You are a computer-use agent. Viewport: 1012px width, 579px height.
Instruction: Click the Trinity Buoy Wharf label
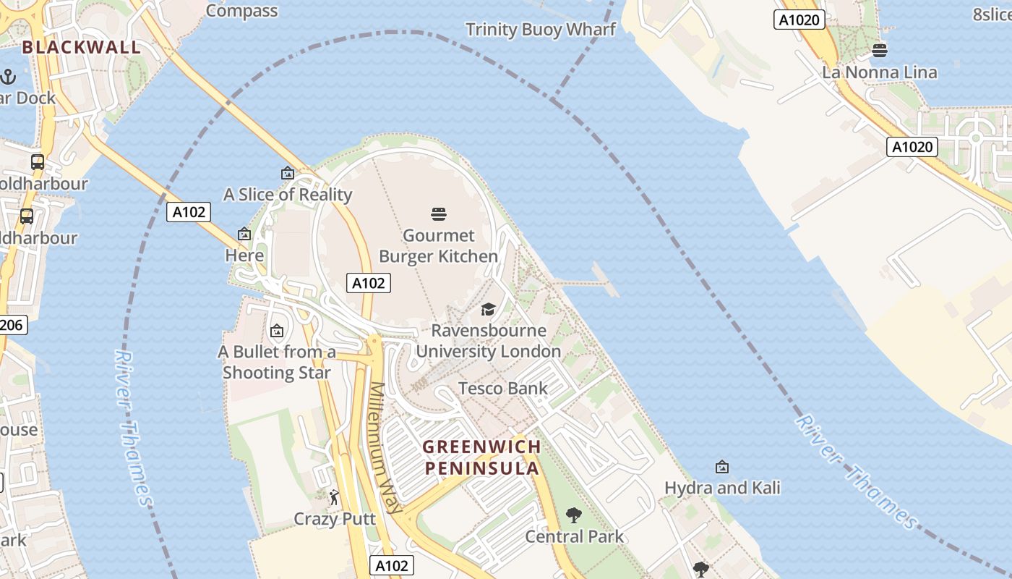541,30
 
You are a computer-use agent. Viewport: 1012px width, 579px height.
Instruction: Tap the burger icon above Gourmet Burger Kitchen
439,214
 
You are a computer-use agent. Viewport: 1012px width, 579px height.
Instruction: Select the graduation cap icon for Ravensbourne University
489,309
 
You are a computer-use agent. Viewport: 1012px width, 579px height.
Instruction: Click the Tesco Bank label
503,389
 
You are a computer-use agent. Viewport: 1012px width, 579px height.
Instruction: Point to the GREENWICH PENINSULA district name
481,457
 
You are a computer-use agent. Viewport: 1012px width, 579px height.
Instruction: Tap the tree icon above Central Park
574,515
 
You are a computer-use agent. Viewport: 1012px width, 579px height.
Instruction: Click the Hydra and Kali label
722,488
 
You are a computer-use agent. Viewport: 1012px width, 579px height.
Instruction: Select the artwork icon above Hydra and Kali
721,467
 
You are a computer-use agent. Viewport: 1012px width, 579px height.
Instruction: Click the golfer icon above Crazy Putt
334,497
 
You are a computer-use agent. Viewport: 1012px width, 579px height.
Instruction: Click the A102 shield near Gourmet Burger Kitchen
369,283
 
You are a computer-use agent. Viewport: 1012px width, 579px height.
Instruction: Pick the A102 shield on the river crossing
189,212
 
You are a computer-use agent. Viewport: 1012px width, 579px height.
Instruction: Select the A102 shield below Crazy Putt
393,565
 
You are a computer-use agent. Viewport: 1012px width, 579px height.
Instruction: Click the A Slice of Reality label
288,195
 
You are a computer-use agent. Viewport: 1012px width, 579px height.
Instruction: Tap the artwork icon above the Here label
244,234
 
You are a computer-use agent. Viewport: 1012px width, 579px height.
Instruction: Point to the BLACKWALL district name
81,48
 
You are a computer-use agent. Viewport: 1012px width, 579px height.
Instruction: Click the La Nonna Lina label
880,72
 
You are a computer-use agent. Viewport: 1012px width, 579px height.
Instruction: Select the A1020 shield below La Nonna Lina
912,148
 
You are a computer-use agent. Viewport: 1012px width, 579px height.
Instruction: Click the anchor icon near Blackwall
8,76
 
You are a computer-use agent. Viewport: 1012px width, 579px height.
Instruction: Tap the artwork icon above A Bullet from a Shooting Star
276,331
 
